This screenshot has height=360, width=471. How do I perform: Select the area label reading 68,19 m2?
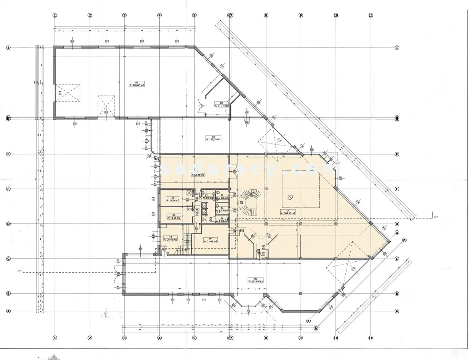coord(198,175)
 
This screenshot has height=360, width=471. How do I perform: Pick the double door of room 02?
coord(204,104)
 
